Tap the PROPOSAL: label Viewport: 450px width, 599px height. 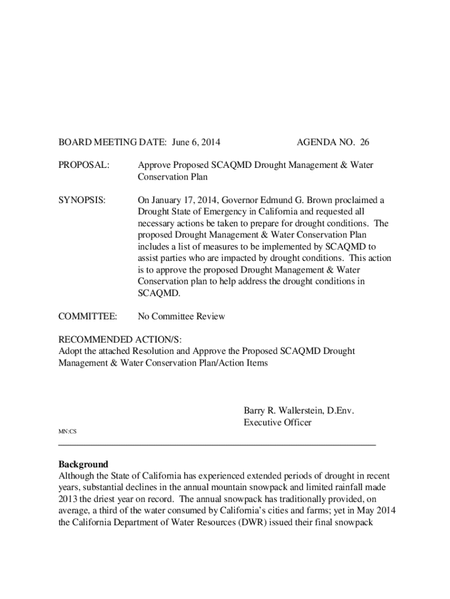(x=84, y=165)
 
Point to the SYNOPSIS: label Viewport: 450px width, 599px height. (x=82, y=200)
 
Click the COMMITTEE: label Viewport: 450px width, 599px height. (x=88, y=316)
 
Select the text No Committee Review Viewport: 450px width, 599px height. (x=181, y=316)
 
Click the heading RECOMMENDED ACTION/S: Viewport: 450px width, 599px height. (x=124, y=340)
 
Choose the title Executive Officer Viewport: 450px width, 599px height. (x=277, y=422)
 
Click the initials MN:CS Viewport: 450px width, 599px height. (x=67, y=432)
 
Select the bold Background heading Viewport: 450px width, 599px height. (x=83, y=464)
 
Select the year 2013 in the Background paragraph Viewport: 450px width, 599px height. (x=68, y=500)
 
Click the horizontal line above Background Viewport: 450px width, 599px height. (x=217, y=445)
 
